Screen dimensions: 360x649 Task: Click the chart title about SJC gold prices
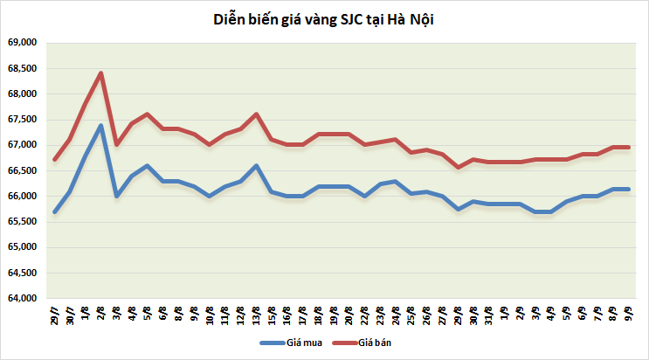click(x=323, y=18)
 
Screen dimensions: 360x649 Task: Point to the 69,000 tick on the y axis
click(x=22, y=42)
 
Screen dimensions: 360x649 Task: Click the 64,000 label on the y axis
click(x=22, y=298)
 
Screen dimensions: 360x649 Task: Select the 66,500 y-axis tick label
click(x=22, y=170)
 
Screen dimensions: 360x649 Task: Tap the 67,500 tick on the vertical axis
click(x=22, y=119)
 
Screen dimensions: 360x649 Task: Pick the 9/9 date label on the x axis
click(x=627, y=313)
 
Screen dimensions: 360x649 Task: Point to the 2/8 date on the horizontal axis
click(x=101, y=313)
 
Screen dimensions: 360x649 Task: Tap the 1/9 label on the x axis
click(x=504, y=313)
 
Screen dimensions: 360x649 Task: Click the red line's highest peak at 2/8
click(x=101, y=73)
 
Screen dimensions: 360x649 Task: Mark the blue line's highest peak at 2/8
click(x=101, y=125)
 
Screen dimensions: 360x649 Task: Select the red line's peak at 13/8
click(x=256, y=114)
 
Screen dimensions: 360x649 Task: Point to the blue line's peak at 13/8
click(x=256, y=165)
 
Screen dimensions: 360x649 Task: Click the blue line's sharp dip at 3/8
click(x=116, y=196)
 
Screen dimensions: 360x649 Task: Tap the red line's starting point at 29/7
click(x=55, y=160)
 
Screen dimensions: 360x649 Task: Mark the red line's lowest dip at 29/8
click(x=458, y=167)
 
